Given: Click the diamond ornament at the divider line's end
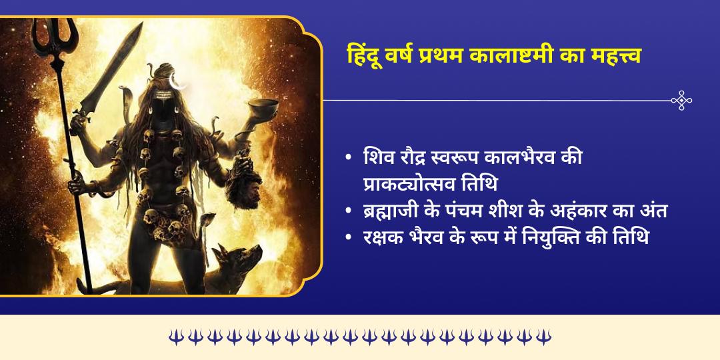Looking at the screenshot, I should (681, 100).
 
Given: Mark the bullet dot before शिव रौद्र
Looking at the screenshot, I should (348, 159).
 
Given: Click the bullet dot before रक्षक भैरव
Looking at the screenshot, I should (348, 237).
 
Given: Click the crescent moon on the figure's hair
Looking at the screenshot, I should (177, 81).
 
